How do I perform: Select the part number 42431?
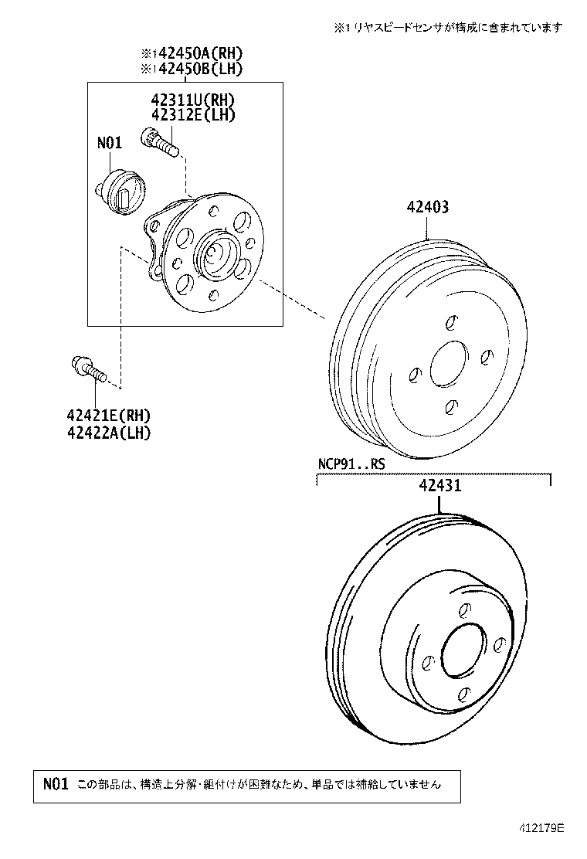coord(439,486)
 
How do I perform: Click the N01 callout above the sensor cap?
coord(110,144)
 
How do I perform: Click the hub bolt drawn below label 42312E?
coord(159,142)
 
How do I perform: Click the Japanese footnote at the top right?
coord(448,27)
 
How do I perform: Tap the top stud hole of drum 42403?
coord(453,322)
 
